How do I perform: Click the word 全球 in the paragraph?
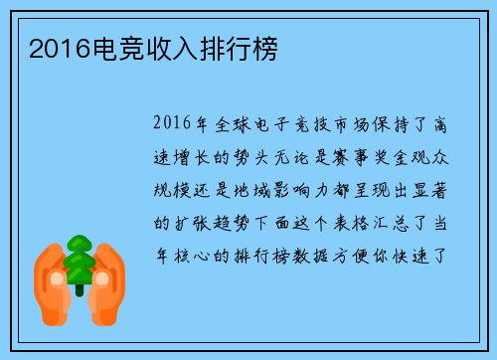tap(237, 126)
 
